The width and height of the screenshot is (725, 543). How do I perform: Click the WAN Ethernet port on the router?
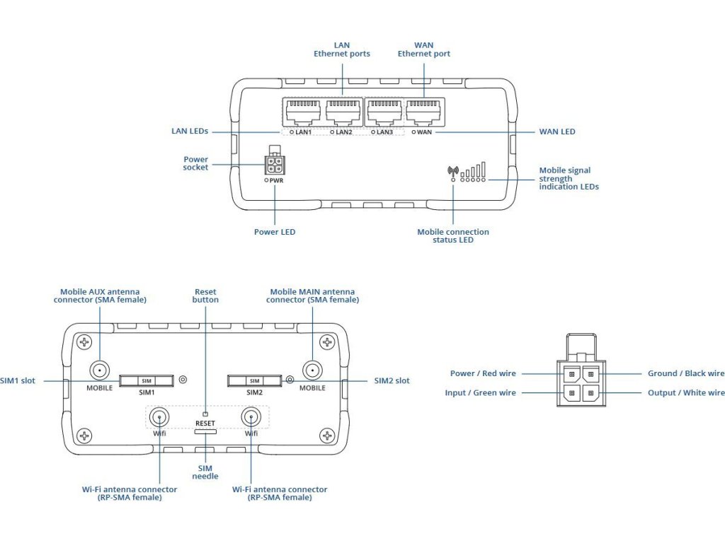pos(423,112)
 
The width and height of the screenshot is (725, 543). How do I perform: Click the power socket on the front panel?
pos(274,165)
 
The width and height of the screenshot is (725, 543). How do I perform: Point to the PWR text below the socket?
pos(276,181)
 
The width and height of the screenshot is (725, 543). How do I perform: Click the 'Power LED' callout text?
pos(274,232)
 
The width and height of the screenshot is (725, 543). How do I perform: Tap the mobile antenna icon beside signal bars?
pos(453,170)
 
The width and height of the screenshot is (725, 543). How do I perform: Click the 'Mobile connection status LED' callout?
pos(452,236)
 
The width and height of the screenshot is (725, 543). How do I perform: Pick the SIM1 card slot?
pos(147,381)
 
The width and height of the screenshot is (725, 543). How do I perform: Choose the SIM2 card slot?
pos(254,381)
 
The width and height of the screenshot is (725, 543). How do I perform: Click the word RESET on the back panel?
pos(205,424)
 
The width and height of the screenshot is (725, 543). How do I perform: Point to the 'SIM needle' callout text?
pos(205,472)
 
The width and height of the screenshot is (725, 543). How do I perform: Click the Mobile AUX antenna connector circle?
pos(99,370)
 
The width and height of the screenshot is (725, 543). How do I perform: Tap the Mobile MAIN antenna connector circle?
pos(312,370)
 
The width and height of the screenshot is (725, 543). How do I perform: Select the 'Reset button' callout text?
pos(205,296)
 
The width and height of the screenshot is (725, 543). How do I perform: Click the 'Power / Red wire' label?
pos(483,374)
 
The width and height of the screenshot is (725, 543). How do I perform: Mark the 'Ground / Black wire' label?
pos(686,374)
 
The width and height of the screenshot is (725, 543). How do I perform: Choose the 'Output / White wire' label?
pos(686,393)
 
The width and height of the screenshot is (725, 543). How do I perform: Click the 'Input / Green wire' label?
pos(481,393)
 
